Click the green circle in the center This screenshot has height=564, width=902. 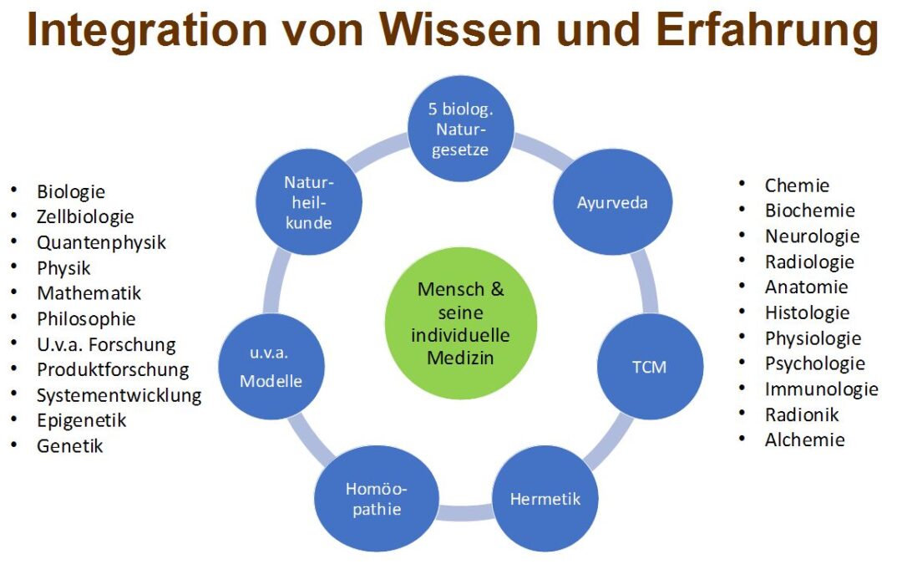[460, 323]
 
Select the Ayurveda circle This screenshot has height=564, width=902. [612, 202]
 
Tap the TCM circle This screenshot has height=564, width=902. [650, 367]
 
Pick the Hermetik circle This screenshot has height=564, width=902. [545, 498]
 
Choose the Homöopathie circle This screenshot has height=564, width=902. [376, 498]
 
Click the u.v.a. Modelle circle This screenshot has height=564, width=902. [271, 367]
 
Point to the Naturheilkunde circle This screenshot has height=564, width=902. [308, 202]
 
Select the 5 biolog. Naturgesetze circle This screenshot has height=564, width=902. [460, 129]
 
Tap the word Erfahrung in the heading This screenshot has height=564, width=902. [768, 30]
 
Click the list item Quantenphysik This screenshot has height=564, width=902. [101, 242]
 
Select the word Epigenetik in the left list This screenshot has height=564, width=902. [82, 420]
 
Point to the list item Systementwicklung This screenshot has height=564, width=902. [119, 394]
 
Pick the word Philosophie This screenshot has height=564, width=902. [86, 318]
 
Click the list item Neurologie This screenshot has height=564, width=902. [813, 236]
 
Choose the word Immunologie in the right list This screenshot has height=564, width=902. [822, 389]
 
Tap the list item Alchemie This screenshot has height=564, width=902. [805, 440]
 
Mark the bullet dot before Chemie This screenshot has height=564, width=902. [742, 184]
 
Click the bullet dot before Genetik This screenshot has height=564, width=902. [14, 445]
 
